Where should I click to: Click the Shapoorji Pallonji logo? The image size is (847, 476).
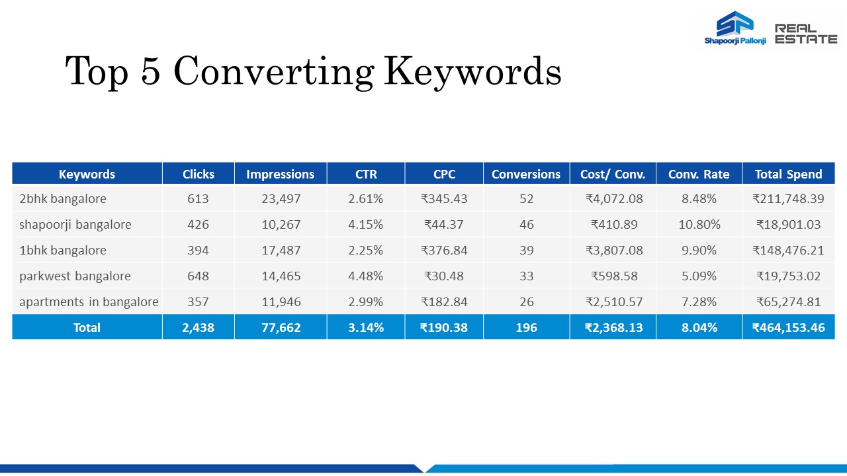pos(735,28)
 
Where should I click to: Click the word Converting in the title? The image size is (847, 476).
pos(274,71)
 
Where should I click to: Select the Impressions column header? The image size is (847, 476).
pos(280,174)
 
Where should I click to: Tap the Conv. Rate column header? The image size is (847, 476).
pos(699,174)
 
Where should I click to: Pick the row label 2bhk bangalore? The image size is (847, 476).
pos(63,199)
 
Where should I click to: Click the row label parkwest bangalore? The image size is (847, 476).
pos(75,276)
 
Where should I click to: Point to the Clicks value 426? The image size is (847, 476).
pos(198,224)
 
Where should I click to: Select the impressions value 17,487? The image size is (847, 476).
pos(281,251)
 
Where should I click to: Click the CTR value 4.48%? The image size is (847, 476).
pos(366,276)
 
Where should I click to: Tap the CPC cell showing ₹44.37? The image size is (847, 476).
pos(444,224)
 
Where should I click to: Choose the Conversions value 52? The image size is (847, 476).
pos(526,199)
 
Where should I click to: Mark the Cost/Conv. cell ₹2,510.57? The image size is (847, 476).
pos(614,302)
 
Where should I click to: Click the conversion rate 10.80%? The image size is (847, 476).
pos(699,224)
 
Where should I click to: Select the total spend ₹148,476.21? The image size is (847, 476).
pos(788,251)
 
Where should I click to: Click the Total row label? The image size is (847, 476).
pos(87,327)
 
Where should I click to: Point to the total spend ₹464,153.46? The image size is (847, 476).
pos(788,327)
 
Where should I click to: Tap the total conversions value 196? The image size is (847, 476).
pos(526,327)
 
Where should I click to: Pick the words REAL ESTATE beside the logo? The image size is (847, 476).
pos(806,34)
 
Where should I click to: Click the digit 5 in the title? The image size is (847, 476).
pos(150,71)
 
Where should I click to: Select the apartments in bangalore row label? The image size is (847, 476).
pos(89,302)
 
